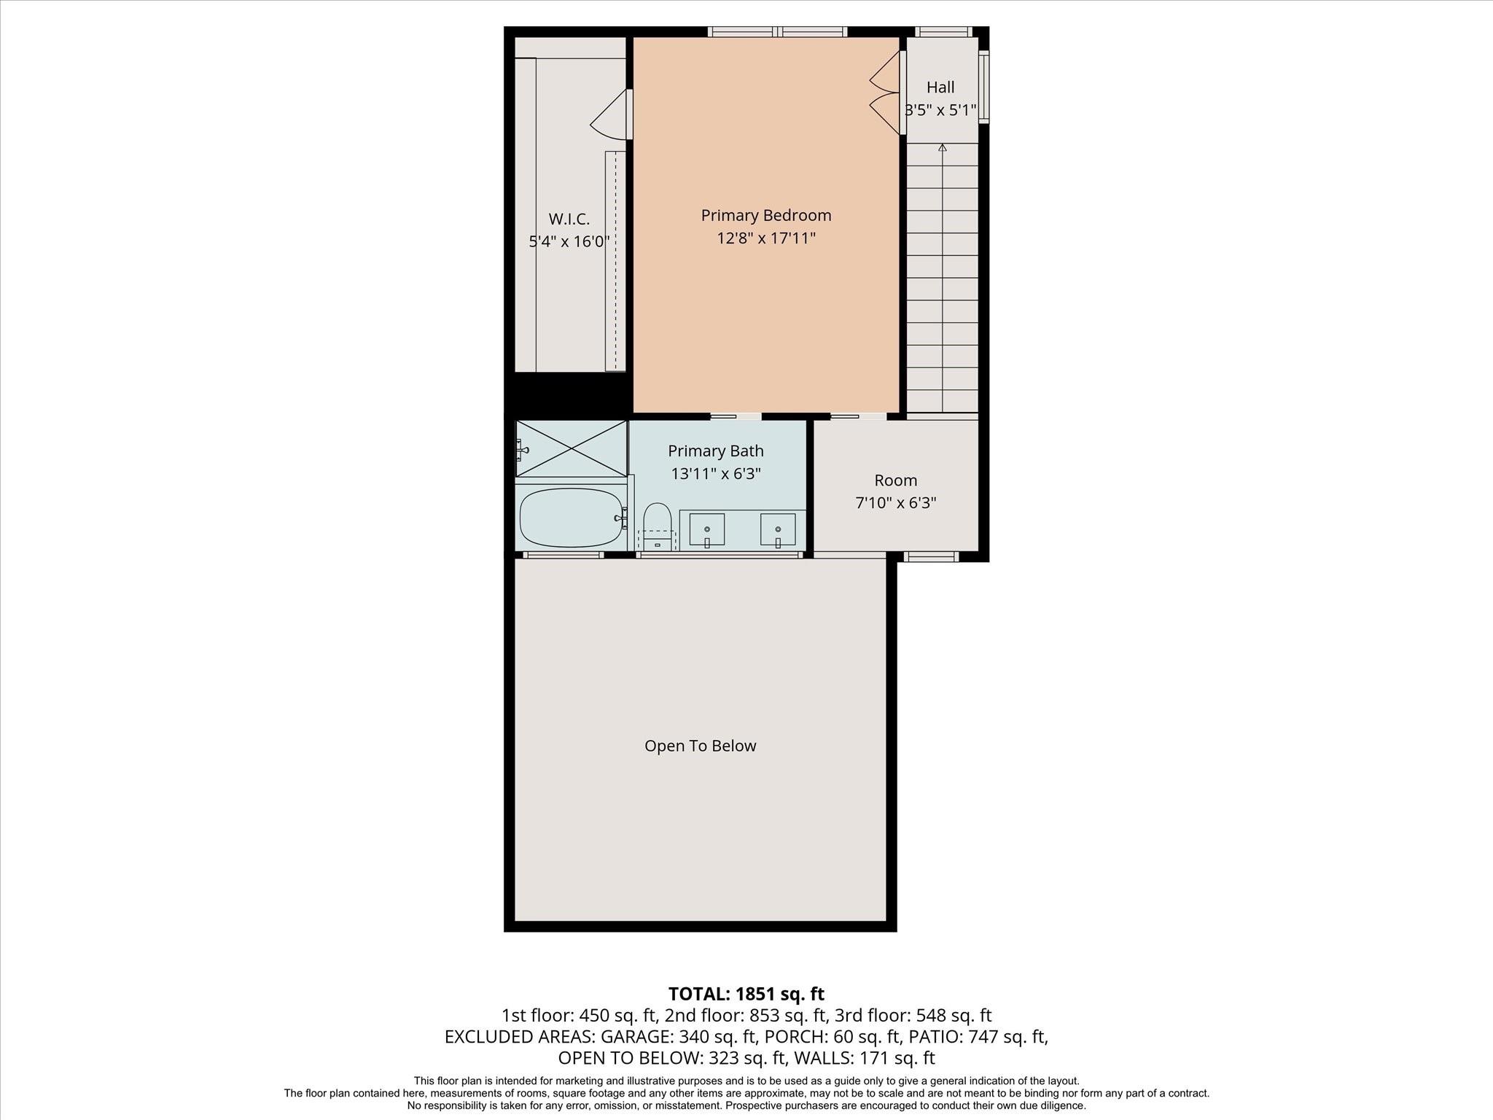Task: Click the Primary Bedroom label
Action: (x=765, y=215)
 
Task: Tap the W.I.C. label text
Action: (x=569, y=219)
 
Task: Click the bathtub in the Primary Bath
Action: (x=571, y=517)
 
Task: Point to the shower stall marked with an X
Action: (x=572, y=448)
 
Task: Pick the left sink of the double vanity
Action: (x=706, y=529)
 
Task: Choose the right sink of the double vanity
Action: (x=778, y=529)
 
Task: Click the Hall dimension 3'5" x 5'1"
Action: (x=940, y=110)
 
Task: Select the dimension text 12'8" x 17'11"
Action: (x=765, y=238)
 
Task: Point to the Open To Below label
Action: (x=700, y=745)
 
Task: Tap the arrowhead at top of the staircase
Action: (x=942, y=147)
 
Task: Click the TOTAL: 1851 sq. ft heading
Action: (x=746, y=994)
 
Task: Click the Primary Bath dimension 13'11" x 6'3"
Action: (x=715, y=473)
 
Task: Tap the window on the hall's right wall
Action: (x=983, y=86)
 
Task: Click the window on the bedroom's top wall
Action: (x=777, y=31)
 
